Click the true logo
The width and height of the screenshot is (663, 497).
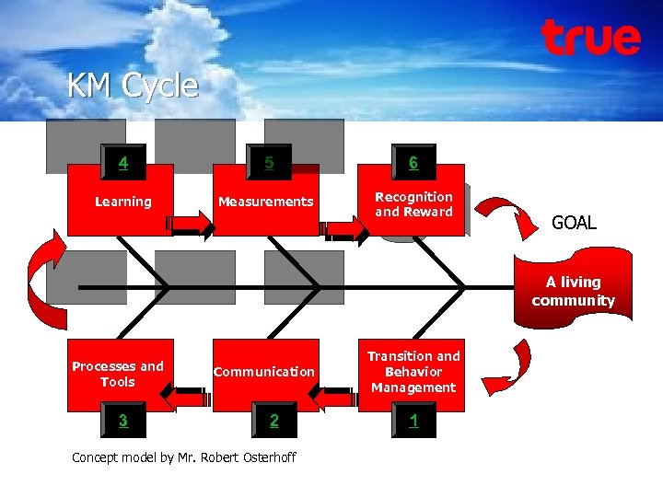pos(590,38)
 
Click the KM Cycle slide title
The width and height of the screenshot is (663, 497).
pos(133,86)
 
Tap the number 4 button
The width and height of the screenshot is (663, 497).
pos(122,164)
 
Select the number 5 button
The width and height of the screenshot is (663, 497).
pos(269,164)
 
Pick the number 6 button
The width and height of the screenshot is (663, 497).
pos(413,163)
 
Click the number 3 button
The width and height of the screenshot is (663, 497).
pos(122,422)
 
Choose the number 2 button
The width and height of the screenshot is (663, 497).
pos(273,422)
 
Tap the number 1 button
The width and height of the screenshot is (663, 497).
pos(413,421)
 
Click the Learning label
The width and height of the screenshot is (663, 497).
pos(123,202)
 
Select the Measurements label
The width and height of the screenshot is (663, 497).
pos(265,202)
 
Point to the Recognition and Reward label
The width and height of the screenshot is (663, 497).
pos(413,204)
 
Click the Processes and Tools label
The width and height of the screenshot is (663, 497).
pos(118,374)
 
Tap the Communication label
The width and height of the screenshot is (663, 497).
pos(264,372)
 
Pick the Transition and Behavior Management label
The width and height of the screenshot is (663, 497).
pos(413,372)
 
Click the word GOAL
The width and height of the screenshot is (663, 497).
pos(574,223)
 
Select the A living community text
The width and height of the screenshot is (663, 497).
pos(573,292)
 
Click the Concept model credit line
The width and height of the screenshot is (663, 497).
pos(183,457)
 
